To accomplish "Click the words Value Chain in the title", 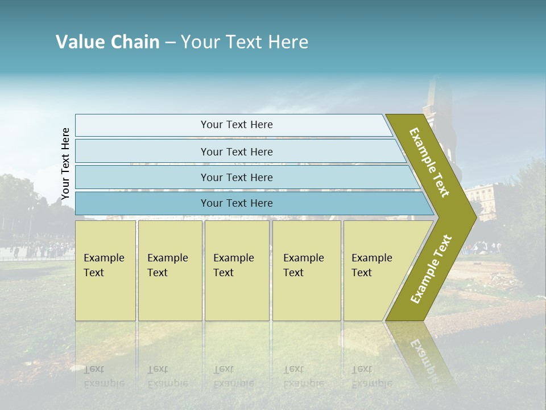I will click(107, 42).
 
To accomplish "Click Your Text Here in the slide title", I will click(245, 42).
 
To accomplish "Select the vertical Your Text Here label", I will click(65, 163).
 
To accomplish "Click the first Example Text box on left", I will click(105, 270).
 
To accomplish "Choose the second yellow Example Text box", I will click(169, 270).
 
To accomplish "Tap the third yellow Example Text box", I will click(237, 270).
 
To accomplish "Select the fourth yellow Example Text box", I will click(307, 270).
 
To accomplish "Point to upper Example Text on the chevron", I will click(430, 162).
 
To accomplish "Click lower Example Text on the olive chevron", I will click(431, 269).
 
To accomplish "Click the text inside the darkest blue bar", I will click(237, 203).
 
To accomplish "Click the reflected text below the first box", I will click(104, 376).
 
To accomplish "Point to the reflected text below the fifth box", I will click(371, 376).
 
